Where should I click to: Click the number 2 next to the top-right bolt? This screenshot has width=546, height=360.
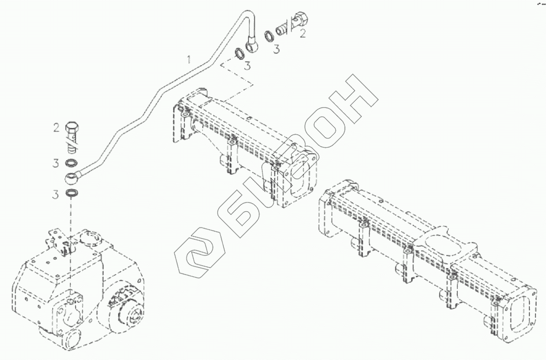(302, 34)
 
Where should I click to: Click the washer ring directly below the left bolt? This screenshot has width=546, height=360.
(71, 163)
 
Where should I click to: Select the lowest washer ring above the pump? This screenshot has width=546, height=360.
(73, 194)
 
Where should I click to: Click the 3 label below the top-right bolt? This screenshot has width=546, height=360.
(276, 49)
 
